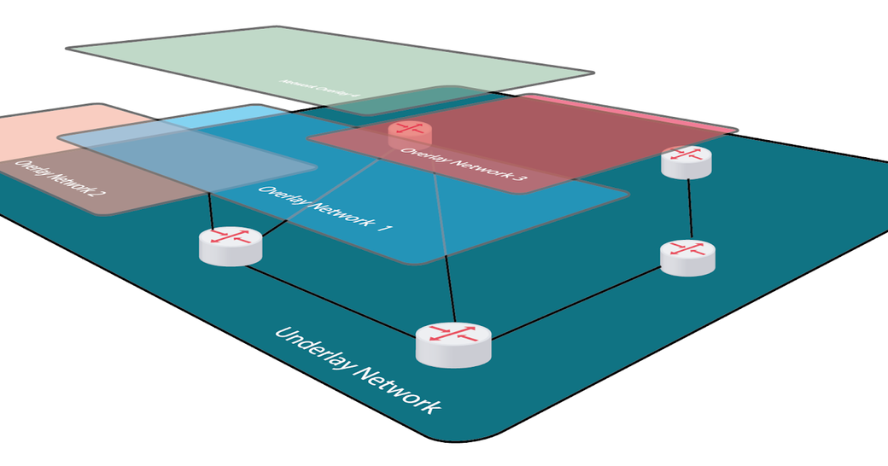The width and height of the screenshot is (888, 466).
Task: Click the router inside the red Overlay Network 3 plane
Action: [410, 132]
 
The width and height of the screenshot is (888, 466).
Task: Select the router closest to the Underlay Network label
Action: [453, 343]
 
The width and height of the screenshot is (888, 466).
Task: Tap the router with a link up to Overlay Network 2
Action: [230, 246]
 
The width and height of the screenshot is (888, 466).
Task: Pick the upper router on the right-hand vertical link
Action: [686, 160]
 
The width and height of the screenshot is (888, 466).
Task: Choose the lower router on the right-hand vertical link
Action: [687, 257]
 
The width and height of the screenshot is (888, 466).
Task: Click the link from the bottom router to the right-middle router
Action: [576, 303]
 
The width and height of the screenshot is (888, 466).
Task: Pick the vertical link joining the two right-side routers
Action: [690, 210]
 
